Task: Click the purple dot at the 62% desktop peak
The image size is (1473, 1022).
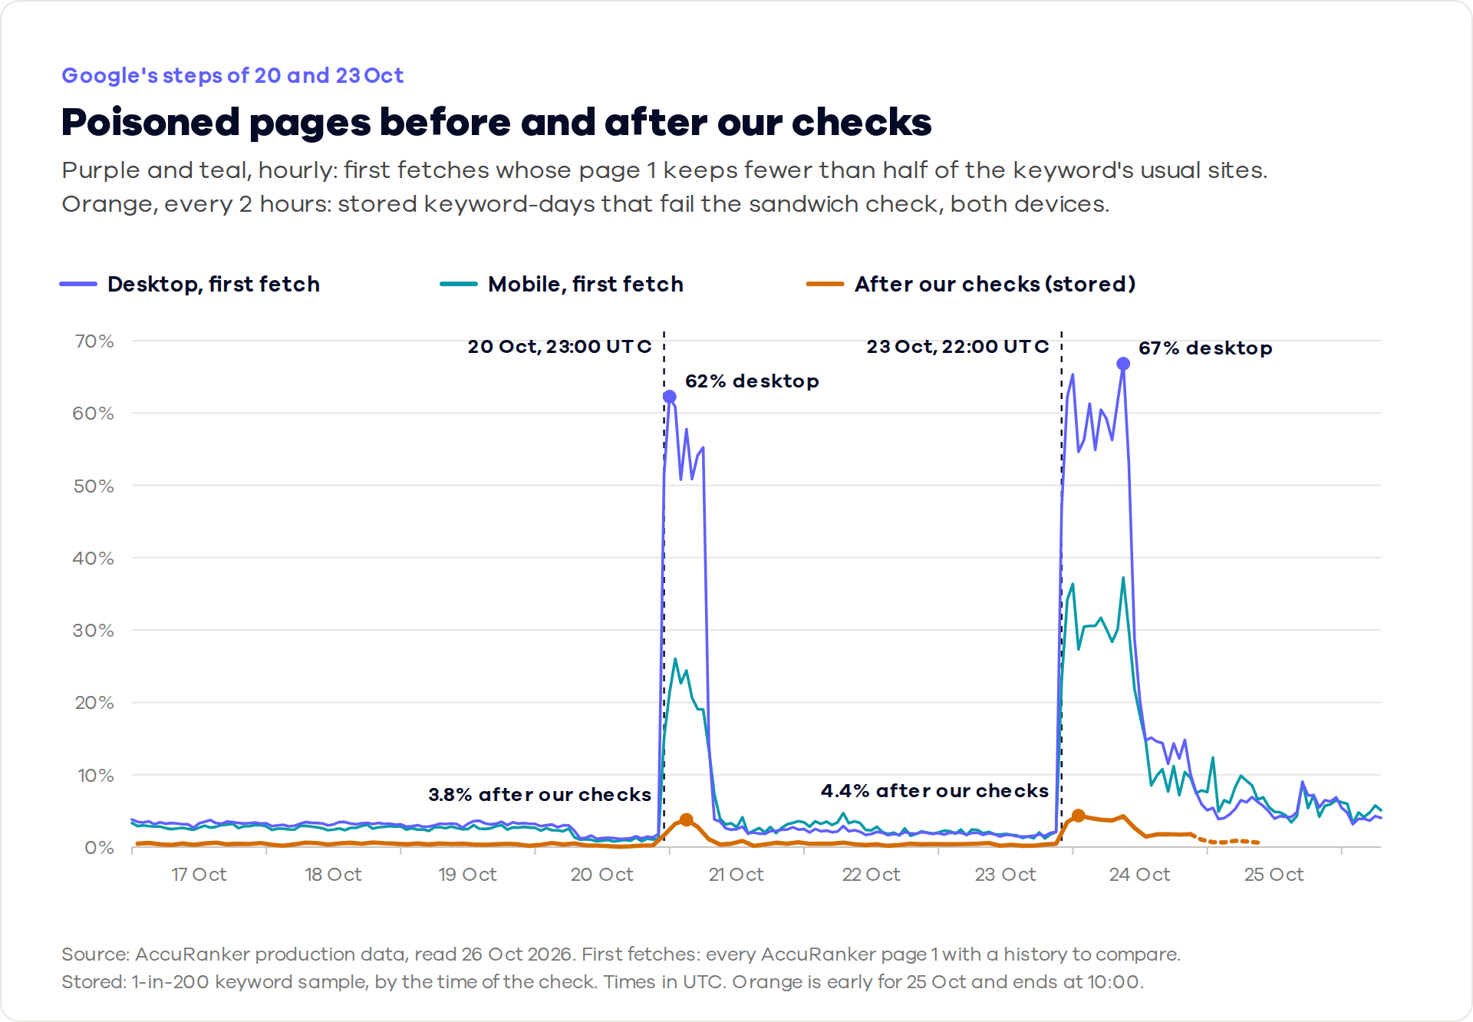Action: [670, 397]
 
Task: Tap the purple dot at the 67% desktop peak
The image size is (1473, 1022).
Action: [1123, 364]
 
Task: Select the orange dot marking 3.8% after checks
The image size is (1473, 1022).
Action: [687, 820]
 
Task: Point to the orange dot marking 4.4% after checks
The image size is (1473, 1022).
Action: [1078, 816]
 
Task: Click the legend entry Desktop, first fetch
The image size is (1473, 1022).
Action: [189, 284]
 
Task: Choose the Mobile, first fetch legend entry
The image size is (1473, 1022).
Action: [562, 284]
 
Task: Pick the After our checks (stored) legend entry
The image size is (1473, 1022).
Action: [971, 284]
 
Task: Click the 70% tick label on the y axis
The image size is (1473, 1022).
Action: [94, 341]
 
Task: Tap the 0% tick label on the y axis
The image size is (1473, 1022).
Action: [100, 847]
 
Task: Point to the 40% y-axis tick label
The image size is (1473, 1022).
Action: [94, 558]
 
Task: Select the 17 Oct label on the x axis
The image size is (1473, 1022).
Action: [199, 874]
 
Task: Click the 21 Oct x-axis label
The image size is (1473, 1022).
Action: [736, 874]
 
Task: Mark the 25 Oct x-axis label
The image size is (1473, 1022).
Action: [1274, 874]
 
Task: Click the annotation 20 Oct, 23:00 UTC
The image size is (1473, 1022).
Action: [560, 346]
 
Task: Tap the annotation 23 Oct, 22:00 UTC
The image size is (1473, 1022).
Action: [958, 346]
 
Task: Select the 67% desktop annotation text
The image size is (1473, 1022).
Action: [1205, 348]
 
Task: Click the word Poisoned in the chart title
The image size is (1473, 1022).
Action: [150, 122]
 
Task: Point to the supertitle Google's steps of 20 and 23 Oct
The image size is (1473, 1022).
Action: [232, 75]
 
